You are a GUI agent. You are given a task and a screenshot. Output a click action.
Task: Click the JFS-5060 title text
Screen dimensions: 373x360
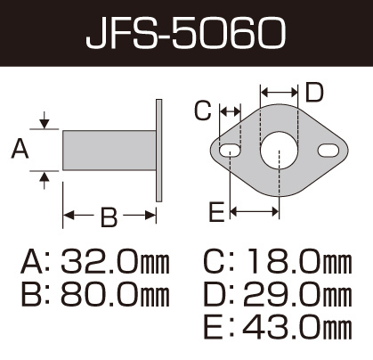[186, 32]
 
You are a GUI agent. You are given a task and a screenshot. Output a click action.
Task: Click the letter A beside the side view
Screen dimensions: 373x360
[20, 149]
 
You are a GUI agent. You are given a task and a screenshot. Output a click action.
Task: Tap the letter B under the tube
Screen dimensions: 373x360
[109, 217]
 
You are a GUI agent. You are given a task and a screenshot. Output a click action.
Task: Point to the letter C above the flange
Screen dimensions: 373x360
[203, 110]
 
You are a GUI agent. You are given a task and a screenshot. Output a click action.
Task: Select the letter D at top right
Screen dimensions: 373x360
[314, 93]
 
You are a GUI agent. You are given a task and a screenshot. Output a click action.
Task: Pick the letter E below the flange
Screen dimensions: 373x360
[217, 212]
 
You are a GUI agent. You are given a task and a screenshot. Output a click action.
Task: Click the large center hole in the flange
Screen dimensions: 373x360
[279, 150]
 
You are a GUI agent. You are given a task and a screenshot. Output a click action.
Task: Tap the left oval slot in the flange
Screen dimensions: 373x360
[230, 151]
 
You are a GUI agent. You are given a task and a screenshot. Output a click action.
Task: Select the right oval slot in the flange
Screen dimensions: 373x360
[328, 151]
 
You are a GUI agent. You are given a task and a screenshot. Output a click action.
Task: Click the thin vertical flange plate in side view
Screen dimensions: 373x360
[159, 151]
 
